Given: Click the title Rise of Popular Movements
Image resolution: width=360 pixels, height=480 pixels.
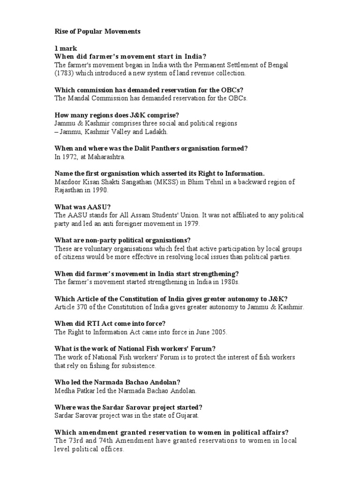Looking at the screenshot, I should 97,32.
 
